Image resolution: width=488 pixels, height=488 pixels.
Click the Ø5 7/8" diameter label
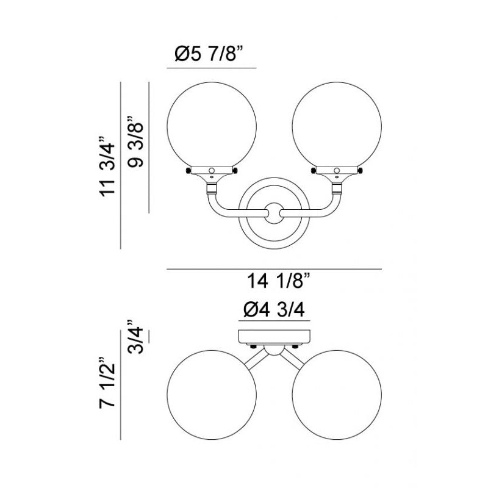pos(209,54)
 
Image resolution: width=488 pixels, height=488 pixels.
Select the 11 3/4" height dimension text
pos(107,166)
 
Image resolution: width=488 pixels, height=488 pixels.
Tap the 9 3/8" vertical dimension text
pos(135,142)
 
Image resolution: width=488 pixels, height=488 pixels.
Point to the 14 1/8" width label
pos(279,281)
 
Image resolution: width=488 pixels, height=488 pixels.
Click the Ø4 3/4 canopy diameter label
pos(274,310)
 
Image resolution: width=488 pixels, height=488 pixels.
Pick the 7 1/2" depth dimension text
pos(107,382)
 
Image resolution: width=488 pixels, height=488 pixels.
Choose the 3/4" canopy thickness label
pos(135,336)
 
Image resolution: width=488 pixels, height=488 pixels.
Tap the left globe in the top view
pos(212,395)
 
